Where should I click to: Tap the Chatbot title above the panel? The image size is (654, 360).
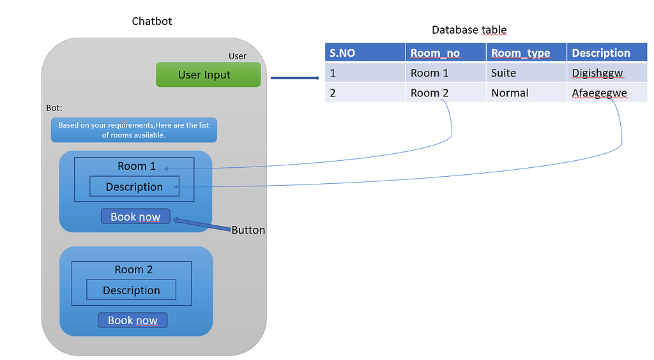[151, 21]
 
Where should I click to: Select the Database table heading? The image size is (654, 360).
[469, 30]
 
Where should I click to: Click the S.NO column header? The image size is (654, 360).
[364, 53]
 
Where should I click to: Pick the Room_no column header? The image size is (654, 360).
[445, 53]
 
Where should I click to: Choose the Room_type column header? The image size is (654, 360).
[526, 53]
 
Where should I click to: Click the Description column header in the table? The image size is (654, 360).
[607, 53]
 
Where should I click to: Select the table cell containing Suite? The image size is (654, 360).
[526, 73]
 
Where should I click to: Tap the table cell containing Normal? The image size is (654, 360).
[526, 93]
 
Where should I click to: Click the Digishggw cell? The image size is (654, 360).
[607, 73]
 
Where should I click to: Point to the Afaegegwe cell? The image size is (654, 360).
[607, 93]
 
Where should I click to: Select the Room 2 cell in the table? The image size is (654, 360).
[445, 93]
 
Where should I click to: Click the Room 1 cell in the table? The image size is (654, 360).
[445, 73]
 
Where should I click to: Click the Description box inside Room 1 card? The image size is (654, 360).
[134, 186]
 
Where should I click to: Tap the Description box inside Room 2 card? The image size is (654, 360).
[131, 290]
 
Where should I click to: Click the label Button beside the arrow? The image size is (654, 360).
[248, 230]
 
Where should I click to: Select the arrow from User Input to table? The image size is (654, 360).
[294, 79]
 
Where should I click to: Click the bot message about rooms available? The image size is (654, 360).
[134, 130]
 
